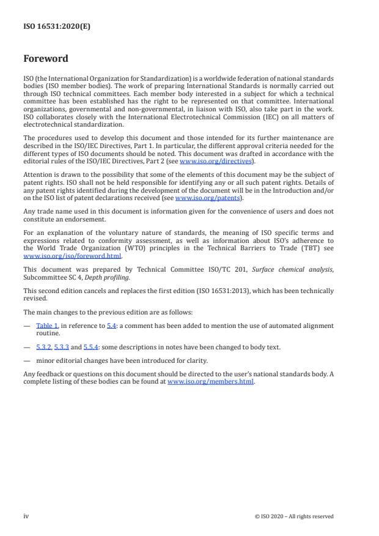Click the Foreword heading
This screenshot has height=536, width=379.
tap(46, 59)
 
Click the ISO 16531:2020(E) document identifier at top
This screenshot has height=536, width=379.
tap(57, 27)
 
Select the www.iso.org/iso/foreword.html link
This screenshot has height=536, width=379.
tap(73, 256)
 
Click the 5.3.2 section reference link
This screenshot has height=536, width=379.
tap(44, 347)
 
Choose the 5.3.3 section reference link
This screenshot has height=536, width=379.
tap(62, 347)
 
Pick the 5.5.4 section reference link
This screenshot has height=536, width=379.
tap(92, 347)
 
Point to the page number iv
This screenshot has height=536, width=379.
tap(26, 516)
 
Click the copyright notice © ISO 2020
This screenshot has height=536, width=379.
tap(294, 516)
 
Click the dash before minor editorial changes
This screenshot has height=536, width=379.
tap(27, 360)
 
